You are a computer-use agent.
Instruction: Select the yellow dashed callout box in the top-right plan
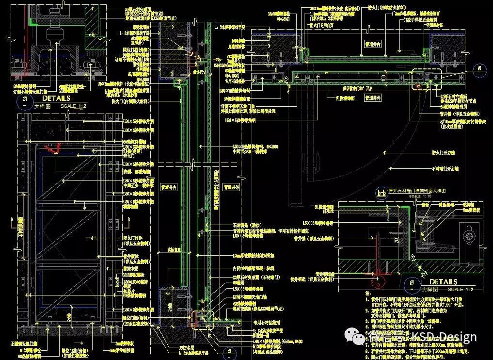tap(427, 80)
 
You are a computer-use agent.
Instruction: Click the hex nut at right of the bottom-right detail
tap(468, 236)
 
